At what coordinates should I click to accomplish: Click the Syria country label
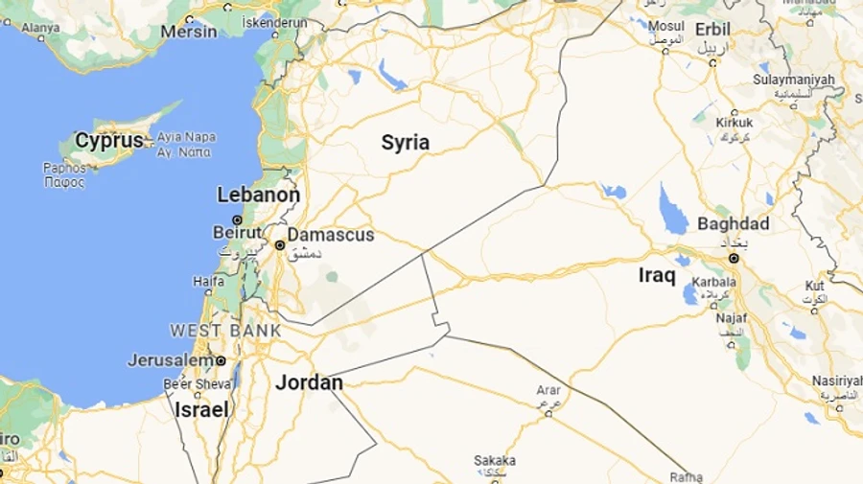coord(406,143)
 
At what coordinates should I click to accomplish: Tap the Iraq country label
coord(657,276)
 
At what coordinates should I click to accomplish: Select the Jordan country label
coord(309,382)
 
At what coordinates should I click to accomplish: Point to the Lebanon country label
coord(259,195)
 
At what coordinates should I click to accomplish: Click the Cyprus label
coord(108,141)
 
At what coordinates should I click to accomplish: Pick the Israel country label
coord(201,409)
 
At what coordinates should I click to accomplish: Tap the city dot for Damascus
coord(279,245)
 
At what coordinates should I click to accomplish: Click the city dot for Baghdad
coord(734,258)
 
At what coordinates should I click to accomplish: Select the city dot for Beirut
coord(237,219)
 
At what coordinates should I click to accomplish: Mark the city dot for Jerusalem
coord(221,360)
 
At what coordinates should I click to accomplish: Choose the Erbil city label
coord(712,28)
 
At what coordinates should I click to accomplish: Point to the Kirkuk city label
coord(735,123)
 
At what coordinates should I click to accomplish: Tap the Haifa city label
coord(208,281)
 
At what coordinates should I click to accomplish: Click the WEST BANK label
coord(225,331)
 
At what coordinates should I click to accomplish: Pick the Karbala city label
coord(715,283)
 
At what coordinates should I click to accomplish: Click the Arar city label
coord(548,390)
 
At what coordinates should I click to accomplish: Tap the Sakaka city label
coord(495,460)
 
